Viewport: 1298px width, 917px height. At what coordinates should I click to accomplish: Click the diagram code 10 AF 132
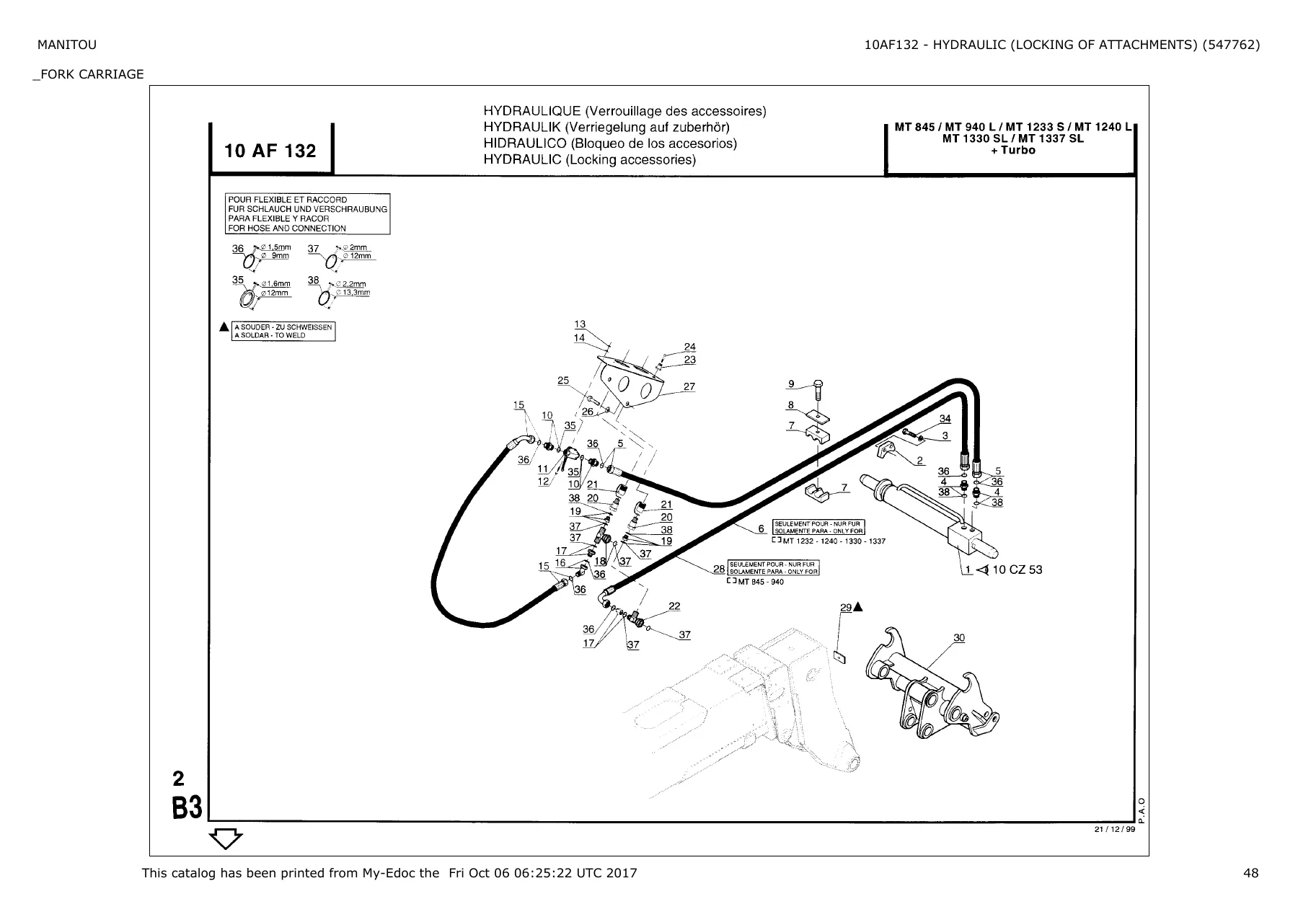(x=270, y=151)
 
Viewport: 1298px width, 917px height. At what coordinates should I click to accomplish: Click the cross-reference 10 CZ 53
(x=1017, y=570)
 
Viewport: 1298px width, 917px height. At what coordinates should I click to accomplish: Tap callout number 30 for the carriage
(x=959, y=638)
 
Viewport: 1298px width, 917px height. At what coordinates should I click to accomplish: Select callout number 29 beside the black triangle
(x=846, y=608)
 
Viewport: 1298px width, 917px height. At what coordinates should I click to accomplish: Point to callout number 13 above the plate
(x=580, y=324)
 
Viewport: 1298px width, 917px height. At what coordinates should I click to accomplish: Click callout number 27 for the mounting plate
(x=689, y=386)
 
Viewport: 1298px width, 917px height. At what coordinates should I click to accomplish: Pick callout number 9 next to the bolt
(x=791, y=384)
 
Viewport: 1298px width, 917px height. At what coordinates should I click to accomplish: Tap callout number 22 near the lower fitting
(x=674, y=606)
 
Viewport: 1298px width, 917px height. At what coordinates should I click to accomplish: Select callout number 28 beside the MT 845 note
(x=719, y=569)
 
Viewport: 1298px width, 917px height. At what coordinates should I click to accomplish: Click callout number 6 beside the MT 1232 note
(x=761, y=528)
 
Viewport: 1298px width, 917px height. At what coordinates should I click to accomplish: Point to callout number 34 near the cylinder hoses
(x=945, y=419)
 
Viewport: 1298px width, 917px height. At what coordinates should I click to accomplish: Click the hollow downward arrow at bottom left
(x=225, y=839)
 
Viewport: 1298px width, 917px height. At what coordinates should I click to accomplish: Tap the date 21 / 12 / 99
(x=1114, y=830)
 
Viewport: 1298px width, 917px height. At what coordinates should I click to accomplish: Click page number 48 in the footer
(x=1251, y=873)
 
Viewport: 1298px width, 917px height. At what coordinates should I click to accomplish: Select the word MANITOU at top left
(x=66, y=45)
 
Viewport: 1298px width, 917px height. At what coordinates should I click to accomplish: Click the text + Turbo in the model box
(x=1012, y=151)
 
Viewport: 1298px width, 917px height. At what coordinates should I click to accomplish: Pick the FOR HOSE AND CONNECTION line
(x=287, y=229)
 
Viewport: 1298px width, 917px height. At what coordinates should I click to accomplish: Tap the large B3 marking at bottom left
(x=187, y=807)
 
